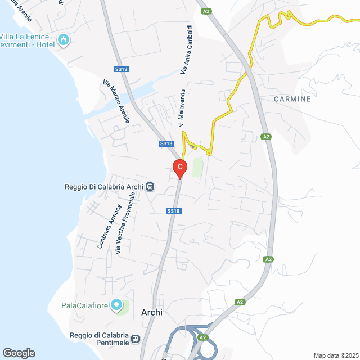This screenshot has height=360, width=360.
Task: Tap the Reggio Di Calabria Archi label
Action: tap(104, 186)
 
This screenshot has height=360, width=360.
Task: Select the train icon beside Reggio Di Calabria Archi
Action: tap(150, 186)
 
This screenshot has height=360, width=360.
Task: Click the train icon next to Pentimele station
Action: tap(136, 339)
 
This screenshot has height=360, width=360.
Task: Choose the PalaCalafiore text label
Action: tap(85, 306)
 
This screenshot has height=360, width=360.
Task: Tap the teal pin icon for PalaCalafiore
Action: tap(116, 305)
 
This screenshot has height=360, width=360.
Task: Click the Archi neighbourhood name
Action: tap(152, 313)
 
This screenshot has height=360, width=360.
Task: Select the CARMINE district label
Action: tap(292, 99)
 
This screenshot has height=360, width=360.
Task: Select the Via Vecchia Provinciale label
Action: tap(125, 223)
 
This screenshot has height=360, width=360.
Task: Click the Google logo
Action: tap(19, 353)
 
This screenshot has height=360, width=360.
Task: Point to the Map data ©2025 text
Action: tap(335, 355)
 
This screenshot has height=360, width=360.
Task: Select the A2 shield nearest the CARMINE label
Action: tap(267, 136)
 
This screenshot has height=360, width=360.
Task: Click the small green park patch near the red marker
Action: tap(197, 167)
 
